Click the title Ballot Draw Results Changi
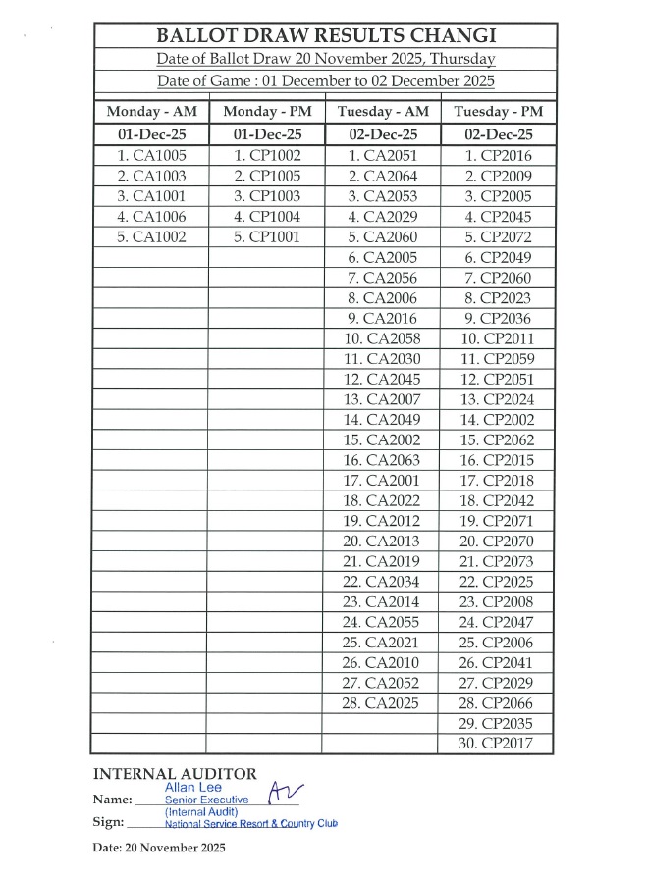[325, 36]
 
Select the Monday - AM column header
[151, 112]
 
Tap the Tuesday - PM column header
[498, 112]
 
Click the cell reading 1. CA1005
[151, 156]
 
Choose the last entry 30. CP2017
[496, 744]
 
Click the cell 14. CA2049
[381, 420]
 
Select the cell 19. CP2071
[496, 521]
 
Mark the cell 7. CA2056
[383, 278]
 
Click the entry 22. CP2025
[496, 582]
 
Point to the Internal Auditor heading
[175, 774]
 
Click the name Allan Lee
[193, 787]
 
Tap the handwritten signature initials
[285, 795]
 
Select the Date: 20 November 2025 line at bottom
[159, 847]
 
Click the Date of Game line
[325, 80]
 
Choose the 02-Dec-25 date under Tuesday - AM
[383, 135]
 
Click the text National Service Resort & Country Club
[250, 824]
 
